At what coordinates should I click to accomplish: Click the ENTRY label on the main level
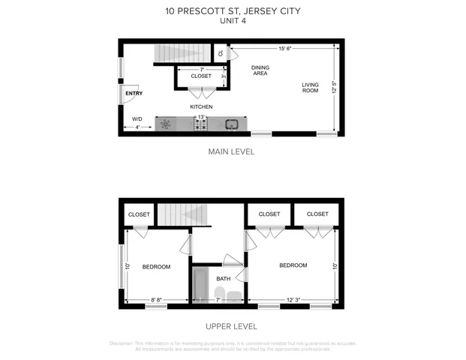tap(134, 93)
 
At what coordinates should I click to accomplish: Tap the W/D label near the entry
tap(137, 119)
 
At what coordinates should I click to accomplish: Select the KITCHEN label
tap(200, 106)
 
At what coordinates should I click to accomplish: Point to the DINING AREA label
tap(260, 70)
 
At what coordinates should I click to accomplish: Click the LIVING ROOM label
tap(311, 87)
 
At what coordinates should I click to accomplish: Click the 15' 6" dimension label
tap(285, 49)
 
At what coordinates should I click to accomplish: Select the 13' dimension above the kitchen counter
tap(200, 117)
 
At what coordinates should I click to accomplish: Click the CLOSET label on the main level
tap(201, 76)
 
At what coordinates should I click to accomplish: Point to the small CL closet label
tap(220, 53)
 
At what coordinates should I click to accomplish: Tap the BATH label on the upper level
tap(223, 279)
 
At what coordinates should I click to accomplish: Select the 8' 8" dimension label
tap(156, 300)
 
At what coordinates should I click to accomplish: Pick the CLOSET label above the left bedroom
tap(140, 214)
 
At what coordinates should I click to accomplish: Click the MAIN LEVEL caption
tap(231, 151)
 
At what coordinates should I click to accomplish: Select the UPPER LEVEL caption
tap(231, 326)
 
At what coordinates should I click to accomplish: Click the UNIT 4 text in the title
tap(232, 20)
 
